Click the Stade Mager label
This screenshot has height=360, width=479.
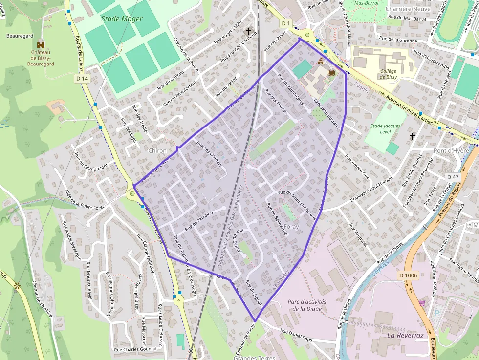click(x=122, y=19)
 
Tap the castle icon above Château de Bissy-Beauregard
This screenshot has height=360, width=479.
click(x=41, y=44)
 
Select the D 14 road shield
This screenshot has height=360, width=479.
click(x=82, y=78)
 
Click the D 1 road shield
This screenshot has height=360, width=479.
click(x=286, y=23)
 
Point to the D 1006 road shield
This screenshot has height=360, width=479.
click(x=408, y=275)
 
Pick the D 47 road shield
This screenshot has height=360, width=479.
click(x=453, y=176)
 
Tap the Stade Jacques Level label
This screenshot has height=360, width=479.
click(x=385, y=129)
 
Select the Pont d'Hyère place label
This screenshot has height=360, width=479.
click(x=451, y=151)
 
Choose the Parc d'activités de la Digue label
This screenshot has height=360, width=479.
click(x=307, y=305)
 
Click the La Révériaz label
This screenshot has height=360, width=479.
click(x=405, y=336)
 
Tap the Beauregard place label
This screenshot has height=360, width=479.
click(x=20, y=36)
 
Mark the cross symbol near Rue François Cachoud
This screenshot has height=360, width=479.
click(x=249, y=30)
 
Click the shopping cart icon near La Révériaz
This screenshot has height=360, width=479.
click(x=421, y=303)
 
